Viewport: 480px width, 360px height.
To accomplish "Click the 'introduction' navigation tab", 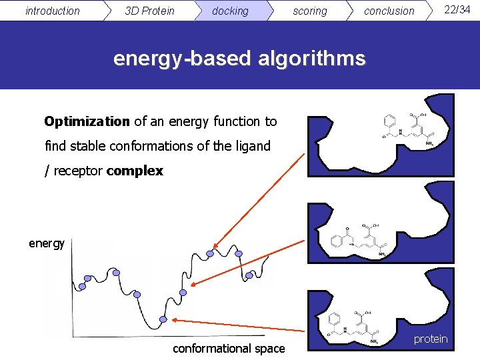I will click(x=52, y=11).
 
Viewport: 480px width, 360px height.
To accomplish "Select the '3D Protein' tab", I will click(x=149, y=11).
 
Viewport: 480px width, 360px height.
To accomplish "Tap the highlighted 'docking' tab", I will click(x=229, y=11).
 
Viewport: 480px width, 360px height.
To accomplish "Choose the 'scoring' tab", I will click(x=310, y=11).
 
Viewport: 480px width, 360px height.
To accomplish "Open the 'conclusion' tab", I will click(x=389, y=11).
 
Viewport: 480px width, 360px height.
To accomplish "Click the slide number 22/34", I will click(x=457, y=9).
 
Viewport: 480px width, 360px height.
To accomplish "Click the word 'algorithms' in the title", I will click(x=313, y=59).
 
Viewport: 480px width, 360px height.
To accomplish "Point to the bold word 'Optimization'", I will click(x=87, y=121).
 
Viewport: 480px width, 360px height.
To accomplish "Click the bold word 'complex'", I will click(x=134, y=171).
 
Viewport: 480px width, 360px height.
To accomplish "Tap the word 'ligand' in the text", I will click(x=250, y=146).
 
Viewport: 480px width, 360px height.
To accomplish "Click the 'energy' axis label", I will click(x=47, y=243).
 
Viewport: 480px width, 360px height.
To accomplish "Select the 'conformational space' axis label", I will click(x=229, y=348).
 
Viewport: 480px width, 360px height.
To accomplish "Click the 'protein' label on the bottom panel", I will click(x=430, y=339).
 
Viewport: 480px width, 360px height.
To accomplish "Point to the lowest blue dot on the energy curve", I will click(x=161, y=319).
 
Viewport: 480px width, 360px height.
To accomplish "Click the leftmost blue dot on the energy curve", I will click(x=83, y=287).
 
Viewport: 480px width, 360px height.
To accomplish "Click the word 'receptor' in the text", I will click(x=78, y=171).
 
